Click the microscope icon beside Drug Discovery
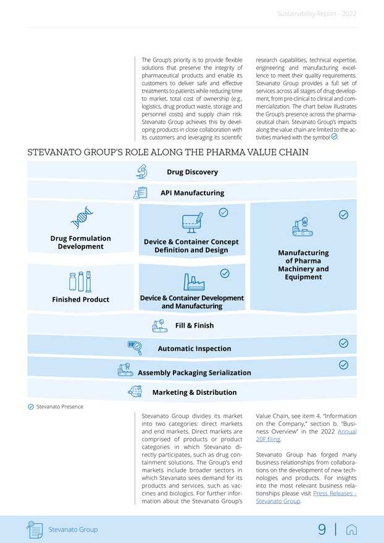tap(142, 171)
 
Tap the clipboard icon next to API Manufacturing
tap(140, 193)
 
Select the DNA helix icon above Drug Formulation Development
tap(80, 217)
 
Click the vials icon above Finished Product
tap(80, 281)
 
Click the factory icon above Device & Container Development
tap(194, 281)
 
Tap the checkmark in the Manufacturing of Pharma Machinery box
tap(344, 215)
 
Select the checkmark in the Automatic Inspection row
tap(344, 343)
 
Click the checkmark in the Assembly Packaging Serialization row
tap(344, 365)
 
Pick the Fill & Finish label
tap(194, 325)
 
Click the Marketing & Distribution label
tap(194, 392)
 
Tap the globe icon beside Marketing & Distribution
tap(135, 391)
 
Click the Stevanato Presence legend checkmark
tap(31, 407)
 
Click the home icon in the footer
tap(352, 529)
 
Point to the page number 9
tap(322, 529)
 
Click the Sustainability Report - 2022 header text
tap(316, 14)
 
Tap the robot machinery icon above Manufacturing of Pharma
tap(303, 227)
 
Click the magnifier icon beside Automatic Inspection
tap(135, 348)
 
